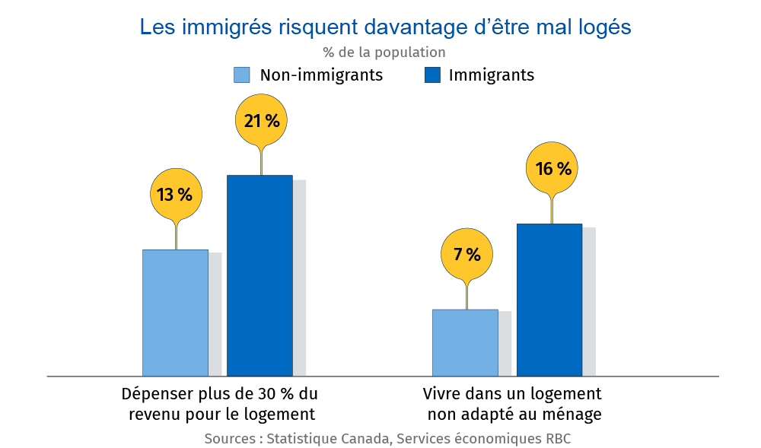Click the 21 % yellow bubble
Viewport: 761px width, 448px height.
[261, 120]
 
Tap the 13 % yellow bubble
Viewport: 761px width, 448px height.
[175, 195]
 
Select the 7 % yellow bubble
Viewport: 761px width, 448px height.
[467, 255]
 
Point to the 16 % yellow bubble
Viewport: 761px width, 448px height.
[553, 169]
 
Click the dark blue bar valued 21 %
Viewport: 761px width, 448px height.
[260, 275]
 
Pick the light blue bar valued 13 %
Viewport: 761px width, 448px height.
[175, 313]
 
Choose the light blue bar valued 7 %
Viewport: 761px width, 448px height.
[465, 342]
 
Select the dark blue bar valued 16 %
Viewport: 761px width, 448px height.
[549, 300]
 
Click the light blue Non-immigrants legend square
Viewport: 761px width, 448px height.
[241, 75]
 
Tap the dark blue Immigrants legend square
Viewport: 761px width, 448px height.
[432, 75]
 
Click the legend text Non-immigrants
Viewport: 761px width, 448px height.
[321, 75]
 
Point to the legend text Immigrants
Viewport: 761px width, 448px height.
[491, 75]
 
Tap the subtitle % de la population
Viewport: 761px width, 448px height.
[384, 52]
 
